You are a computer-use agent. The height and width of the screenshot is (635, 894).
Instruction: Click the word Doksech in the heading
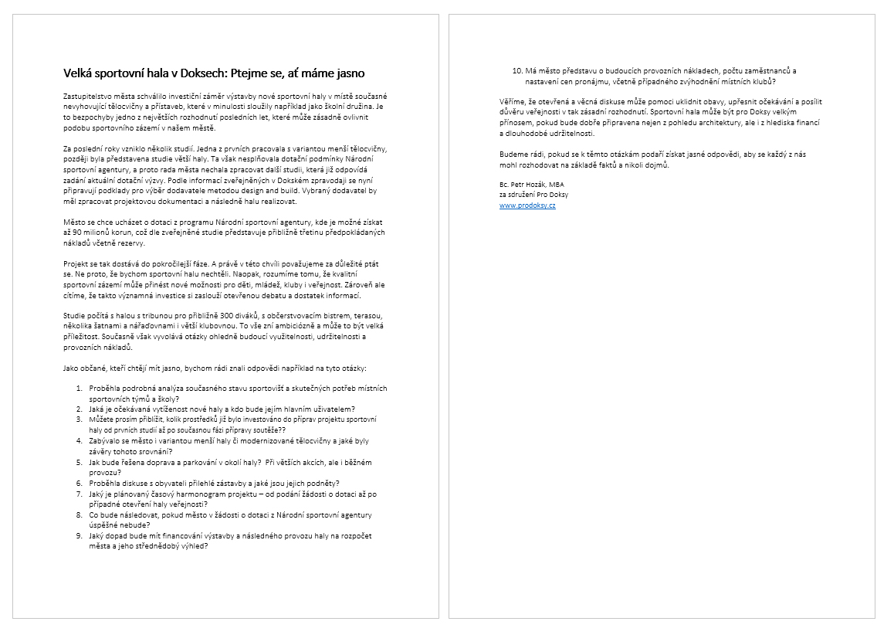click(202, 73)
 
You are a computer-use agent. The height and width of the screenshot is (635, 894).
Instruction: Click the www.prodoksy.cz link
click(527, 205)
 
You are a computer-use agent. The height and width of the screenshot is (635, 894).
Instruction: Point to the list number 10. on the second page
click(518, 71)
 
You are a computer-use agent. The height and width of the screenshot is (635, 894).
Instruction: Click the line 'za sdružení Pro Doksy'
click(533, 195)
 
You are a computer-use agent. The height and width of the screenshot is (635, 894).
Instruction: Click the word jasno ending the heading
click(347, 73)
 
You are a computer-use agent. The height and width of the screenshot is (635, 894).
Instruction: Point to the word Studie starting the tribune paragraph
click(75, 316)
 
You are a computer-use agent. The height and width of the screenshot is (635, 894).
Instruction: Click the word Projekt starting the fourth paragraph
click(76, 263)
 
